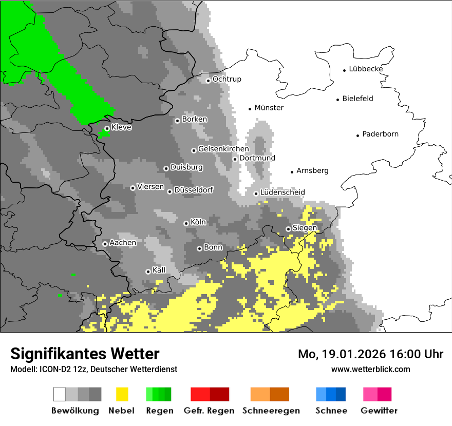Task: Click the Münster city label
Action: pos(269,108)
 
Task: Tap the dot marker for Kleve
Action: pos(107,128)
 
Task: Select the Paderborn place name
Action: pos(380,134)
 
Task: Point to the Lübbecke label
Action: pos(366,69)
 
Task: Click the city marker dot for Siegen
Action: pos(288,229)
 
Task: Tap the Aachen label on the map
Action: pos(123,243)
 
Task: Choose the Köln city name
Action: pos(198,222)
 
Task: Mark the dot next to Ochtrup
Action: pos(208,80)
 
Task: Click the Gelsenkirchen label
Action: pos(223,149)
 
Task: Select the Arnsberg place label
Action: pos(312,171)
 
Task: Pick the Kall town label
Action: pos(159,270)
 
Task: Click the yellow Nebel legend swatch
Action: pos(122,394)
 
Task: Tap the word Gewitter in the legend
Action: pos(379,411)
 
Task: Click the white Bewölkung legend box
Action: pos(60,394)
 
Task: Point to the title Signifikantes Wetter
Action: pos(85,354)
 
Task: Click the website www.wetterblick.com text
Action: pos(370,369)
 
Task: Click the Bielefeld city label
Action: pos(357,99)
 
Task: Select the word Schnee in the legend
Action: pos(331,411)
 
